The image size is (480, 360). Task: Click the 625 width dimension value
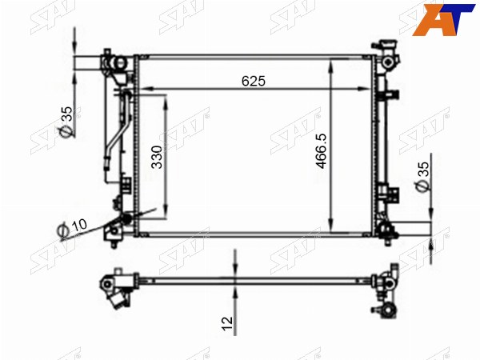pyautogui.click(x=254, y=81)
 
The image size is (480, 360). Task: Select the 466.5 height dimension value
pyautogui.click(x=322, y=151)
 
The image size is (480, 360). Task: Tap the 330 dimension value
pyautogui.click(x=157, y=157)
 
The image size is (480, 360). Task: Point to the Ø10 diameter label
pyautogui.click(x=72, y=227)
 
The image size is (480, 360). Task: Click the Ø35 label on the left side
pyautogui.click(x=66, y=122)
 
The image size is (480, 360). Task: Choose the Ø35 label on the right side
pyautogui.click(x=422, y=176)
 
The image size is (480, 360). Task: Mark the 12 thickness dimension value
pyautogui.click(x=227, y=324)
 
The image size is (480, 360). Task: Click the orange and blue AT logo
pyautogui.click(x=443, y=19)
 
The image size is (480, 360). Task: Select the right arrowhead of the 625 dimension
pyautogui.click(x=364, y=89)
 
